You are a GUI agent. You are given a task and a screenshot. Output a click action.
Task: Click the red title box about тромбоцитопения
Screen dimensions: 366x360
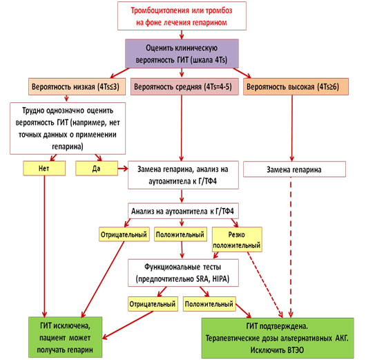pos(182,16)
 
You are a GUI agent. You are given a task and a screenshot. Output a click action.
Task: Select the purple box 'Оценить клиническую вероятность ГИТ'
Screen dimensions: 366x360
pos(182,54)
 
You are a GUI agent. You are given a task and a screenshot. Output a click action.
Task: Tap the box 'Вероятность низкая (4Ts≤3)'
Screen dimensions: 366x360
pos(77,86)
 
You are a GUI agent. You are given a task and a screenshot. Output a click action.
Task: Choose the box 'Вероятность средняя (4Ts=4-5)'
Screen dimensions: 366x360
pos(184,86)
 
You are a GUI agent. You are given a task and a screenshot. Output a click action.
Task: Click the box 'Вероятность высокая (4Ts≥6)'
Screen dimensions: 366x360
pos(296,86)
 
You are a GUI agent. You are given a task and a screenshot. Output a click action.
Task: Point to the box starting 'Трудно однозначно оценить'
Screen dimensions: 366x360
pos(68,129)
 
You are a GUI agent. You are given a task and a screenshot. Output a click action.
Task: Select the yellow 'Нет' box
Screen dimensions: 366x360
pos(44,168)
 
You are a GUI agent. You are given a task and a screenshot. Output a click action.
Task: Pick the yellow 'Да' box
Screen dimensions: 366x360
pos(97,168)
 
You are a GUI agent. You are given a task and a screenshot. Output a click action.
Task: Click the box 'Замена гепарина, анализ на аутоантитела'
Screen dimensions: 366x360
pos(183,175)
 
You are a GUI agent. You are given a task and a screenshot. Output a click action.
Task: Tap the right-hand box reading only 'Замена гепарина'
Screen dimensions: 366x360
pos(294,169)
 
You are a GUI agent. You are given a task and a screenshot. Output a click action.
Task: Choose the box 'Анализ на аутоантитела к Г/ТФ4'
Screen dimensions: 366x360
pos(183,211)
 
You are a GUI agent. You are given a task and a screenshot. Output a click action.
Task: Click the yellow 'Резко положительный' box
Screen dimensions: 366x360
pos(237,240)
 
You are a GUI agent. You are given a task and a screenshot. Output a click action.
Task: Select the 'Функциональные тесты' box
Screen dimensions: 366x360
pos(183,273)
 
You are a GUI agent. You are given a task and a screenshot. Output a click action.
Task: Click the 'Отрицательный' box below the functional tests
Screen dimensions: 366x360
pos(153,304)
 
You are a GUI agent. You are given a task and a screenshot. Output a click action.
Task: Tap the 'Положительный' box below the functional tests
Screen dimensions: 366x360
pos(209,304)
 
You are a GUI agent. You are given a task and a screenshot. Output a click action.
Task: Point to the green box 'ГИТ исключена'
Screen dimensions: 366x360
pos(65,337)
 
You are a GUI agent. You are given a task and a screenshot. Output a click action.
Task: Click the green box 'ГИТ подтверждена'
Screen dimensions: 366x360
pos(278,338)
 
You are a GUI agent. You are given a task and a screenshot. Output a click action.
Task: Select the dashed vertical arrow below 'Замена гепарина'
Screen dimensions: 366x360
pos(291,247)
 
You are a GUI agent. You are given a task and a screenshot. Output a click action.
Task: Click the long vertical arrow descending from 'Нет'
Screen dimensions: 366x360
pos(44,246)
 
